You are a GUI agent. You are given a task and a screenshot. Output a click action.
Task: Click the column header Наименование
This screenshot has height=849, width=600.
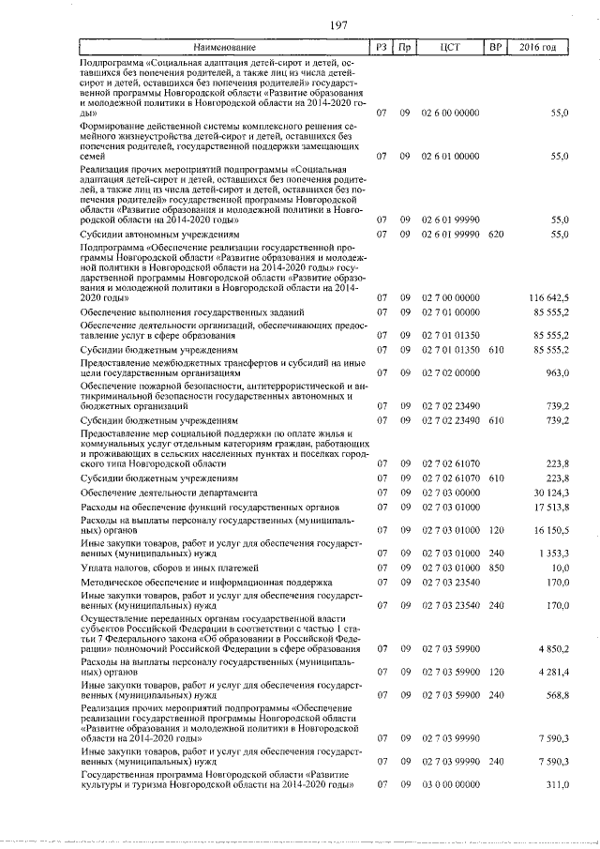coord(224,47)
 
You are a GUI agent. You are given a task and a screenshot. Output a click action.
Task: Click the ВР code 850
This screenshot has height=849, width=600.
coord(497,568)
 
